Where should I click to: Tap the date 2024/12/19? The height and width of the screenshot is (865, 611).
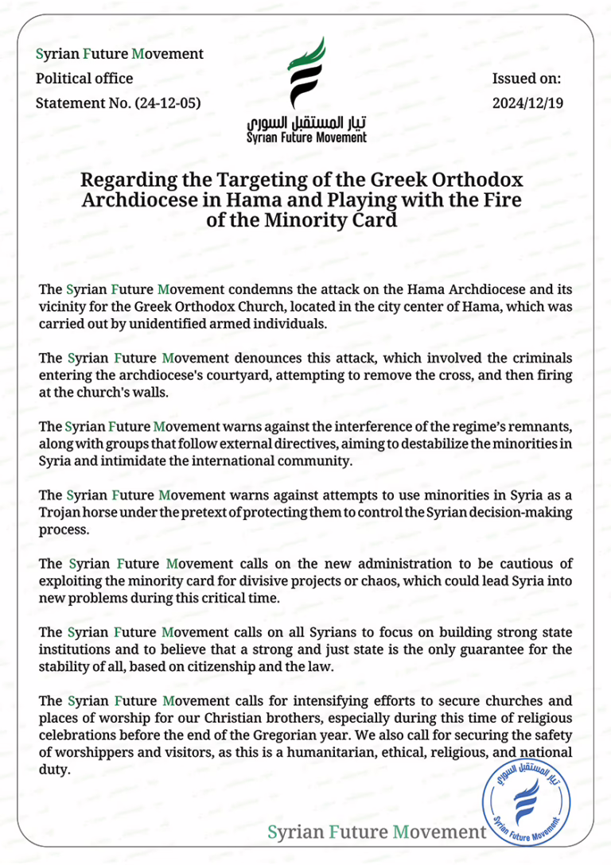click(x=527, y=103)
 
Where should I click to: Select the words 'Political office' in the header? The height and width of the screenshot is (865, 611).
click(x=85, y=79)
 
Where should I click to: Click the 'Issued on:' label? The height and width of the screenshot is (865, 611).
click(x=527, y=79)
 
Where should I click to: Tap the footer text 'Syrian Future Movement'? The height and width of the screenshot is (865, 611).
click(x=376, y=832)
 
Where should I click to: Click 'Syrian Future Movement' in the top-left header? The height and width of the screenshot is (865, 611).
click(x=120, y=54)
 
